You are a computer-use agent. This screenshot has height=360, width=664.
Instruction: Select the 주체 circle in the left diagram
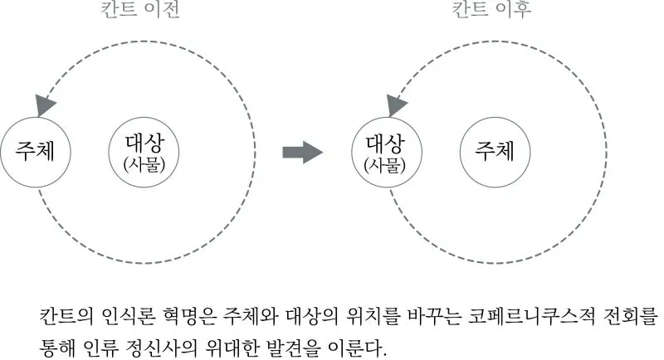coord(35,151)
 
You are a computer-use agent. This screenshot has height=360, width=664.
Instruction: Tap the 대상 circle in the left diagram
coord(144,151)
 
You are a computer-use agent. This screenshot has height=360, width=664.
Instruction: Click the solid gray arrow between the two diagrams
coord(301,152)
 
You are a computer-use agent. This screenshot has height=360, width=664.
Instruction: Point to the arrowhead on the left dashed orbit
coord(45,105)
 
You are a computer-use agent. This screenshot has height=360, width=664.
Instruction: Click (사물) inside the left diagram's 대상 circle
coord(144,163)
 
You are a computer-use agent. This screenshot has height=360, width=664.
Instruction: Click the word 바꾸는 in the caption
coord(449,315)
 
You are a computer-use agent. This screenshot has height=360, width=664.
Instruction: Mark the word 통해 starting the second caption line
coord(54,343)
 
